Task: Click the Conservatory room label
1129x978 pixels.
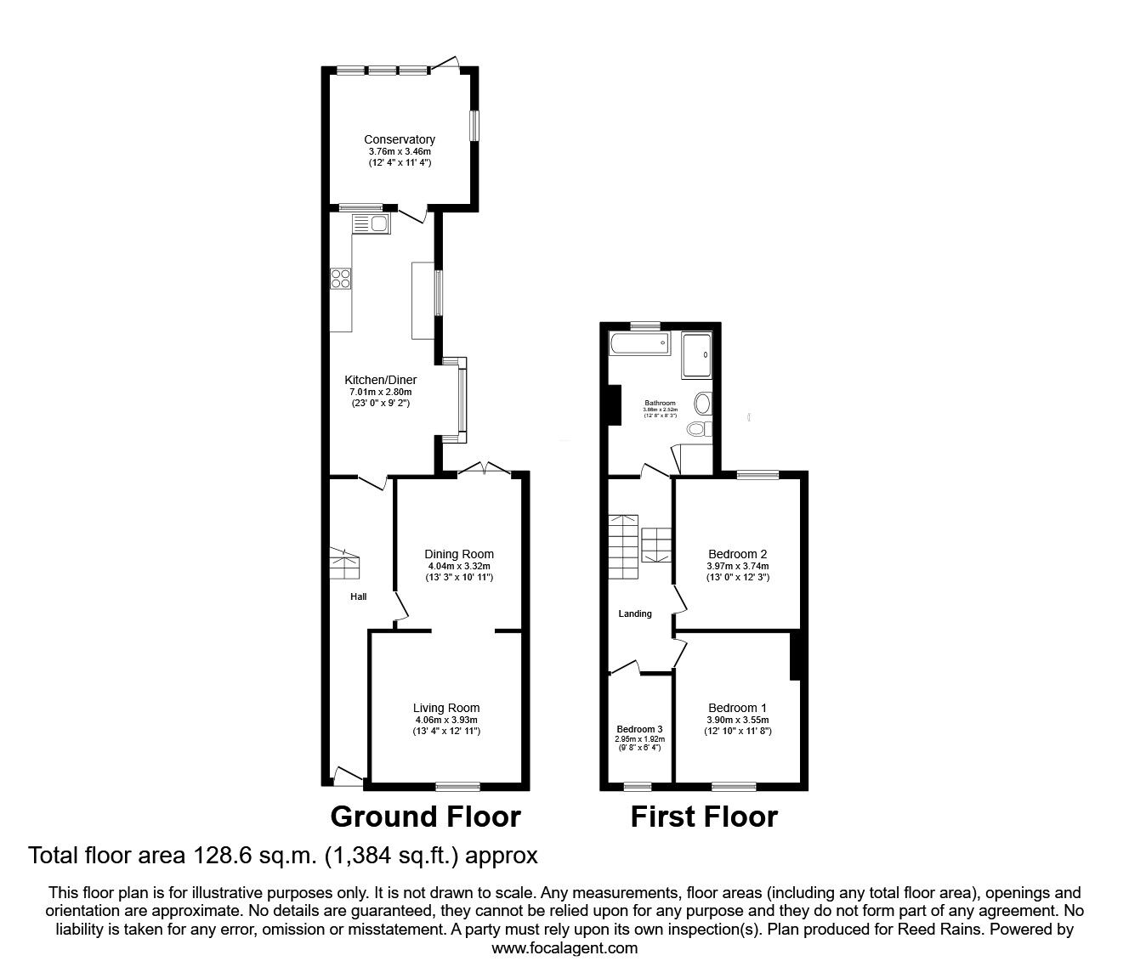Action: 399,139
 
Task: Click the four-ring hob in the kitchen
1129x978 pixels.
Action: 342,278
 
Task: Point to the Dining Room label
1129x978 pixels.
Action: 459,554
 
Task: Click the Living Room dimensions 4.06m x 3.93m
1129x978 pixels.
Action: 446,720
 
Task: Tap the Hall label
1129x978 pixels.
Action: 359,596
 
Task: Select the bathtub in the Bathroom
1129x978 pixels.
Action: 639,345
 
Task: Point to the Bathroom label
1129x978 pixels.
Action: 660,403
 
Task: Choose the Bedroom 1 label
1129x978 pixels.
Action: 737,708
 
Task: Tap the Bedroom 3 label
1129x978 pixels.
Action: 639,729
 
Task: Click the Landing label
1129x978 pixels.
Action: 635,613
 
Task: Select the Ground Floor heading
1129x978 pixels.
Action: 425,817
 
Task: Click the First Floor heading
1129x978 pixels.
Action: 704,817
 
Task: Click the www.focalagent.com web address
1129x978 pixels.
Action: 564,948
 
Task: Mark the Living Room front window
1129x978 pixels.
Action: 458,785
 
